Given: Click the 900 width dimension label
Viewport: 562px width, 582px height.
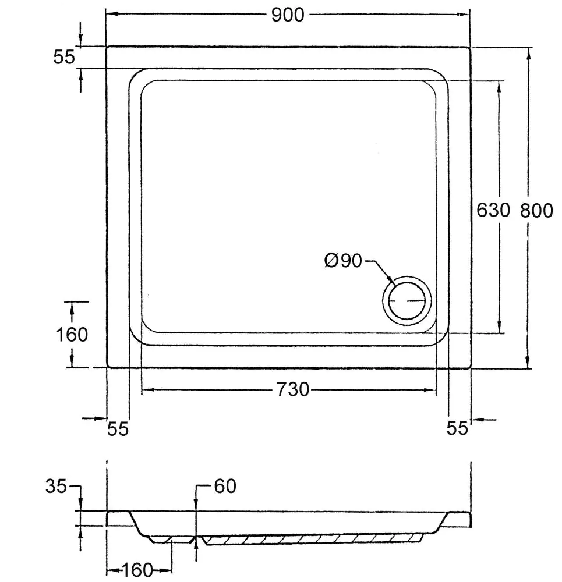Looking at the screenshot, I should point(288,15).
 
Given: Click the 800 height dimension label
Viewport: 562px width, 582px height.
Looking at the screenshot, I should point(536,210).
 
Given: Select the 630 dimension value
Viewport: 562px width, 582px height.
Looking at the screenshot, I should point(493,210).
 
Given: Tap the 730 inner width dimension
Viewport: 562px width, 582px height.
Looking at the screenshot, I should point(292,389).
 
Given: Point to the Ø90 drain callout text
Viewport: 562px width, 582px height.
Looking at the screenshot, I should point(344,261).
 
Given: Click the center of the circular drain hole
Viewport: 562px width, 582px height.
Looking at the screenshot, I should point(407,301).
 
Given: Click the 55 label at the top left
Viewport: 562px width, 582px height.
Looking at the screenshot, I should point(64,57).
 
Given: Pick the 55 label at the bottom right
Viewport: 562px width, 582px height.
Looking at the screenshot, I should point(457,428).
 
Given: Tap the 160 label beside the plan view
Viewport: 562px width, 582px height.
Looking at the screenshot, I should point(72,335).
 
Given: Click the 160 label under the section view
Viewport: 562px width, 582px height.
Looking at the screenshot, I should point(137,570).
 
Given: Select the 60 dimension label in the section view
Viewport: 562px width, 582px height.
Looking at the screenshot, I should point(225,486).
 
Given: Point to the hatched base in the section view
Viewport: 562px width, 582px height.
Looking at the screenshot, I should point(314,540).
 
